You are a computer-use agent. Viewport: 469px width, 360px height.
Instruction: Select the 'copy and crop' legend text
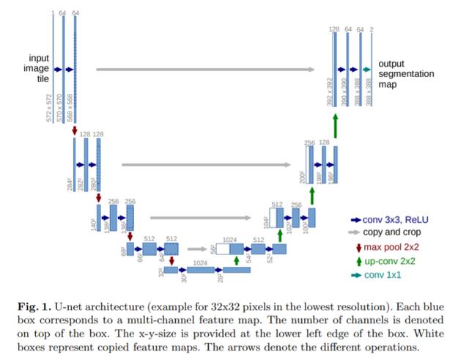click(x=396, y=232)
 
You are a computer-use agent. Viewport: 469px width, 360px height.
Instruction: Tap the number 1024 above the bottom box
click(x=199, y=262)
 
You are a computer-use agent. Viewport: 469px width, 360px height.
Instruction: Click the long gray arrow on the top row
click(x=206, y=70)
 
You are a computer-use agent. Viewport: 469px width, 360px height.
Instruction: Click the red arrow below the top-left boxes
click(x=75, y=131)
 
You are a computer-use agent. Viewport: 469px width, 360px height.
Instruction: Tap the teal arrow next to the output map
click(x=366, y=69)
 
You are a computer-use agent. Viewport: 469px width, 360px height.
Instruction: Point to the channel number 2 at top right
click(x=372, y=30)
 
